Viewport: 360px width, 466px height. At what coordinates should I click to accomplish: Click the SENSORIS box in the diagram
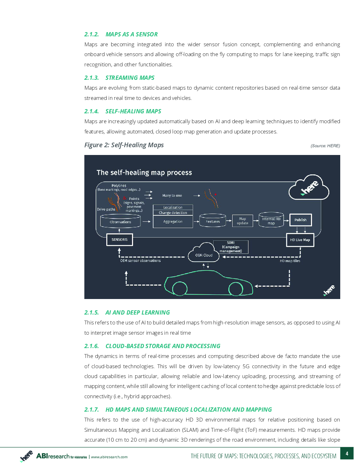119,240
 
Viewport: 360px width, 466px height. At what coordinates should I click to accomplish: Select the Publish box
300,220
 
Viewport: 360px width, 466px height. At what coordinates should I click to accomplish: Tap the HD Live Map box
300,240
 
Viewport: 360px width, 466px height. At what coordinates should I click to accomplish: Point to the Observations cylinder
120,222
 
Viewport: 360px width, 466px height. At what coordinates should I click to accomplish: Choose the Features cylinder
212,220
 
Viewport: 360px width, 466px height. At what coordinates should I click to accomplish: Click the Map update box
242,221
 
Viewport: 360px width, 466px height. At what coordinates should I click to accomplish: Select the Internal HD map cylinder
271,220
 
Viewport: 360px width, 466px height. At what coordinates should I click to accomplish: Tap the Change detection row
173,213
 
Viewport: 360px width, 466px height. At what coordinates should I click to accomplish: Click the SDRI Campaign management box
231,247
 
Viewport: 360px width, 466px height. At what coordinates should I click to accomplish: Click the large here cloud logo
309,187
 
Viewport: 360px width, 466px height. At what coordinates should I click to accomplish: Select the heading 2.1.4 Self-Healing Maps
122,111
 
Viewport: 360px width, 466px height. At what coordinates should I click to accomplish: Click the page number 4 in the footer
347,453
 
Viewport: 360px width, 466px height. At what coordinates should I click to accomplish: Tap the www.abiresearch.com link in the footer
109,457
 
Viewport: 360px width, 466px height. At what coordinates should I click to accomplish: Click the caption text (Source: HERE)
325,146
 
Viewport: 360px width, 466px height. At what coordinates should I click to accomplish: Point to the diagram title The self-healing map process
144,172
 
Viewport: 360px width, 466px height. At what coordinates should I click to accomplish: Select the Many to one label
172,195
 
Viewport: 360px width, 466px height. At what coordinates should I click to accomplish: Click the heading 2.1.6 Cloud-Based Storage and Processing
152,346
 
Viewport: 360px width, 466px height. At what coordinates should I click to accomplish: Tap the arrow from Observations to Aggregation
146,221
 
